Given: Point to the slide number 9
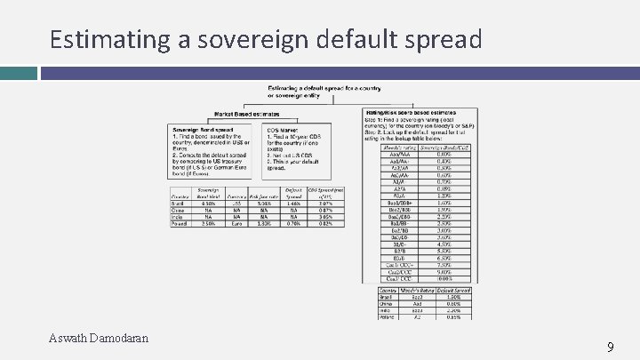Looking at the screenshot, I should [x=610, y=348].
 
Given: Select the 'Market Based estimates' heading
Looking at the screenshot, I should [x=246, y=114].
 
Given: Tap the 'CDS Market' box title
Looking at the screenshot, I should [x=284, y=129].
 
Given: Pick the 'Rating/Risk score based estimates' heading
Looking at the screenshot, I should [x=412, y=113].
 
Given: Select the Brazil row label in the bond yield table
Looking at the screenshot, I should [x=179, y=204].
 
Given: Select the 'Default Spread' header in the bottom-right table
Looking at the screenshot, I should [x=453, y=290].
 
